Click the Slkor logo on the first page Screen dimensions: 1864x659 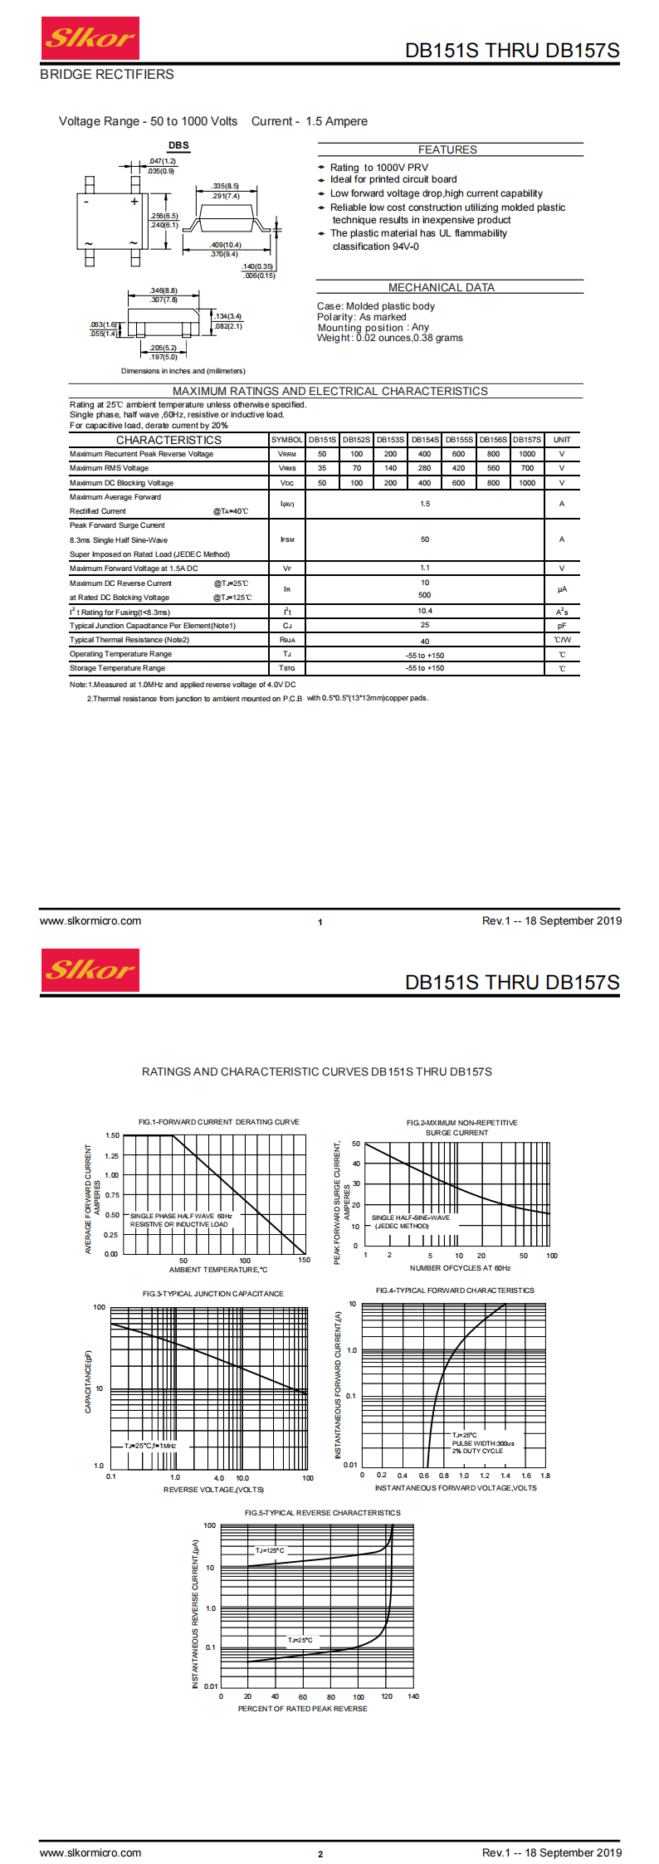click(x=90, y=38)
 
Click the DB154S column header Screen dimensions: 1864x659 click(x=425, y=440)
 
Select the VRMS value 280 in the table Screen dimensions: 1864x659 click(x=424, y=468)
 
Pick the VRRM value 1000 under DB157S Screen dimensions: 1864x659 click(x=527, y=454)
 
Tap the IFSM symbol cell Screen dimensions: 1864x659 click(x=287, y=539)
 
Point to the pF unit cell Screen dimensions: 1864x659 click(x=562, y=626)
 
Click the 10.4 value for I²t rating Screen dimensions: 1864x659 click(x=425, y=611)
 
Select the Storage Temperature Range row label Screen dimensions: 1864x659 click(x=117, y=668)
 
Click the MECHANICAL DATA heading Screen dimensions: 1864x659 click(x=442, y=287)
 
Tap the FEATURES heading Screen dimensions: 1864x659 click(x=447, y=149)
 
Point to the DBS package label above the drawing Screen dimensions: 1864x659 click(x=178, y=145)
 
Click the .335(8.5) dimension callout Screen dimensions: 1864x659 click(x=225, y=186)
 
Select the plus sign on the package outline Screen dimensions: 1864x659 click(x=134, y=201)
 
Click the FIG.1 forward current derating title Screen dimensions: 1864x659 click(x=219, y=1122)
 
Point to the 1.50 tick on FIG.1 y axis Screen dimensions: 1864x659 click(x=112, y=1135)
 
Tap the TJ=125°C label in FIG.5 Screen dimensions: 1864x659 click(x=270, y=1550)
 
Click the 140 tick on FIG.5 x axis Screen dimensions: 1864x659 click(x=413, y=1696)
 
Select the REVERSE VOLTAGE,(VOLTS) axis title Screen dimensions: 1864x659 click(x=214, y=1489)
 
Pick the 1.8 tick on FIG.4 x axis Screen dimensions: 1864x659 click(x=545, y=1476)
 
